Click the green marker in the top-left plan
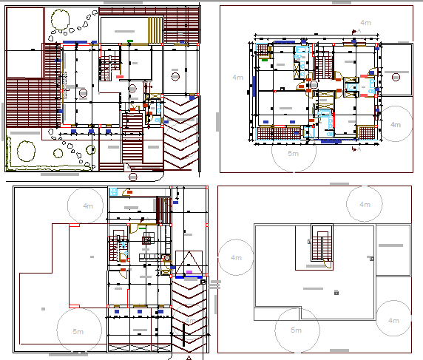pyautogui.click(x=130, y=40)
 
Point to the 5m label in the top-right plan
pyautogui.click(x=294, y=153)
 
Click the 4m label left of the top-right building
pyautogui.click(x=237, y=77)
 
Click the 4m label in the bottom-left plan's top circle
pyautogui.click(x=89, y=205)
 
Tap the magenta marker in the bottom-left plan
pyautogui.click(x=189, y=272)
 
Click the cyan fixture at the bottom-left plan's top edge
pyautogui.click(x=113, y=191)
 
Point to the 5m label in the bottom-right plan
pyautogui.click(x=297, y=330)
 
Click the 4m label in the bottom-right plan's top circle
pyautogui.click(x=365, y=204)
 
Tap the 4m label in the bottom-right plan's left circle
pyautogui.click(x=237, y=257)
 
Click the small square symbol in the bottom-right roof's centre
pyautogui.click(x=336, y=293)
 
